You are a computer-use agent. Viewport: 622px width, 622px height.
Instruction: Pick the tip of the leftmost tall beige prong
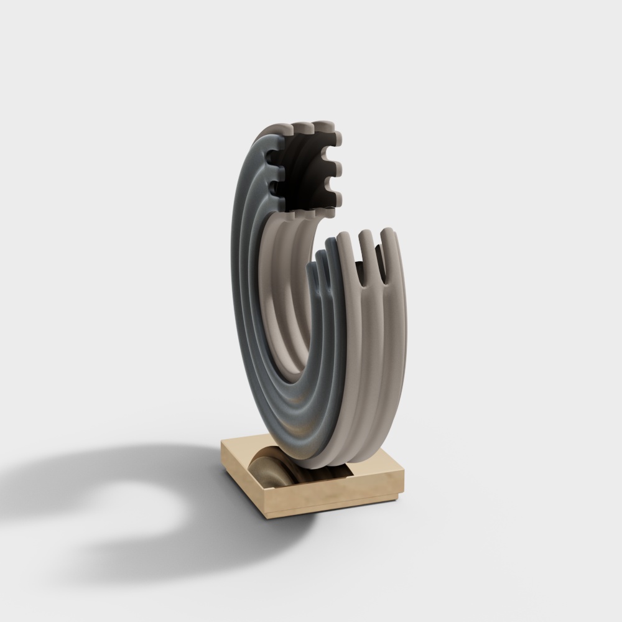point(343,238)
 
